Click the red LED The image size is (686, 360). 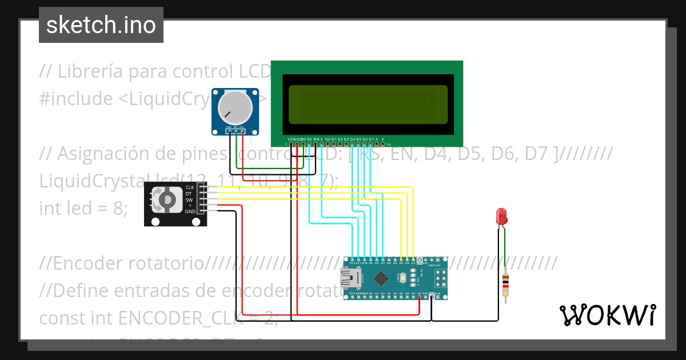(501, 217)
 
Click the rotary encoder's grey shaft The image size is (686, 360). (167, 199)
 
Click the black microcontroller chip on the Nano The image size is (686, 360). (380, 278)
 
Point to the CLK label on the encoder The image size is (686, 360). (190, 187)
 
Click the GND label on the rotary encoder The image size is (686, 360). (190, 211)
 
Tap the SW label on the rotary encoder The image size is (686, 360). (189, 199)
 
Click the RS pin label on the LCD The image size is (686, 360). (309, 139)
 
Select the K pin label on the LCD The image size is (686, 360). (383, 139)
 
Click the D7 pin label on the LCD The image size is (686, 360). (371, 139)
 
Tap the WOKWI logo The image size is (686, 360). (607, 315)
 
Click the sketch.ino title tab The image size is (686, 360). (101, 25)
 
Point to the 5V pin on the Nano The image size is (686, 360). (420, 295)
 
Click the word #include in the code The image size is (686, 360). (76, 99)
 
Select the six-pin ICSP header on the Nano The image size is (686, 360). (441, 278)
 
